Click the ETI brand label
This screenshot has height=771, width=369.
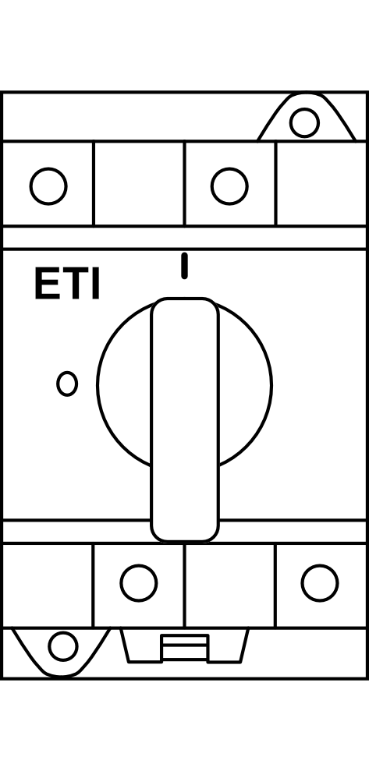[67, 285]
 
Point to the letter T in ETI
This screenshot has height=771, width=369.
[74, 285]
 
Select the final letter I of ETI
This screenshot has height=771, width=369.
[96, 285]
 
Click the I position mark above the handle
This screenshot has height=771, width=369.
[184, 266]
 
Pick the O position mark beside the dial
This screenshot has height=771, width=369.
[67, 384]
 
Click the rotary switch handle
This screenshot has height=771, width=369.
[185, 419]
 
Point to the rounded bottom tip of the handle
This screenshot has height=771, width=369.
[185, 540]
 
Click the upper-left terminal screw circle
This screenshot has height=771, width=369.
[48, 186]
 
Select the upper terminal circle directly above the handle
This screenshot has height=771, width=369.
[230, 186]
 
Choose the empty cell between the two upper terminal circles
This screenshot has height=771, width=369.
[139, 183]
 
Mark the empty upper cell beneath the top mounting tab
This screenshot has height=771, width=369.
[321, 183]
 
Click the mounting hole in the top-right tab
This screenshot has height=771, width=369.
[304, 122]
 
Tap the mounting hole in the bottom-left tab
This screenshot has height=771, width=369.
[63, 646]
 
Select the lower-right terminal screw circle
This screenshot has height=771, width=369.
[320, 583]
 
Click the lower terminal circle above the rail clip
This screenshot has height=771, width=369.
[139, 583]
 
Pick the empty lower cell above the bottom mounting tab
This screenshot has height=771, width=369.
[48, 585]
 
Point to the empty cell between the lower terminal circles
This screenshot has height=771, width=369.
[230, 585]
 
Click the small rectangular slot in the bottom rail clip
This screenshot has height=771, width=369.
[185, 647]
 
